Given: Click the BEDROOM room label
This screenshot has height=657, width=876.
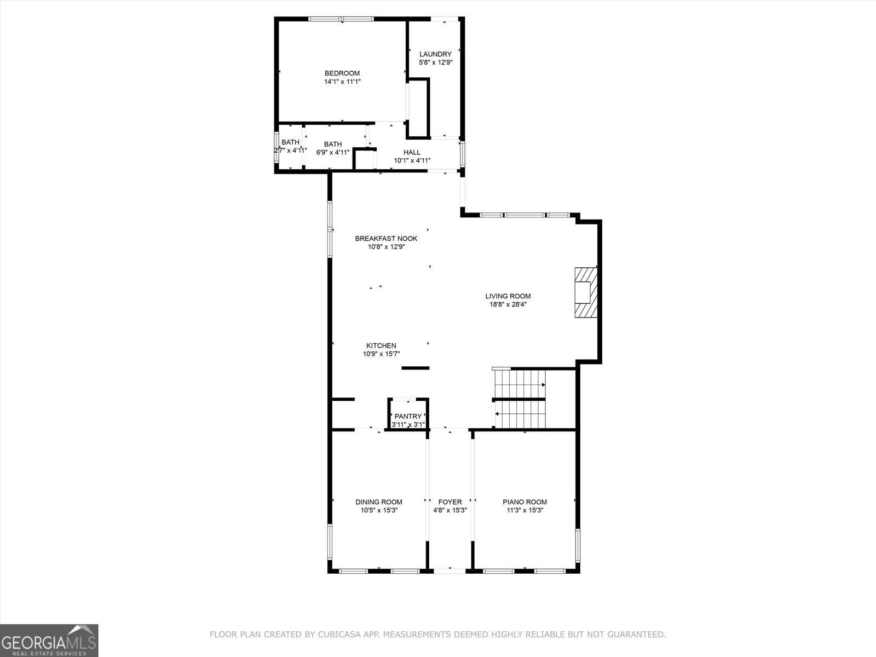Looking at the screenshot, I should [x=342, y=73].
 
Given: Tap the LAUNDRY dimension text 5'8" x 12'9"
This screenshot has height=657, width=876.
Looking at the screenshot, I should [x=435, y=62].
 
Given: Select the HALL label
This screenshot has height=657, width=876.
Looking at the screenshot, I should [x=412, y=152].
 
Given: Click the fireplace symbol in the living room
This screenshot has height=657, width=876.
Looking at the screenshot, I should [x=585, y=292].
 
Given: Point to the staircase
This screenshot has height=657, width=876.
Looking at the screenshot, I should [x=520, y=399].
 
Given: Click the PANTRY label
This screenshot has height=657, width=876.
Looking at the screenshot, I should [x=408, y=416].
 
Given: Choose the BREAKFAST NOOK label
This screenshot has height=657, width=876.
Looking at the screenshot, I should [x=386, y=238].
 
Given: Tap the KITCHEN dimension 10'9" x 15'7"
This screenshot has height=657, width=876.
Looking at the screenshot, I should [x=381, y=354].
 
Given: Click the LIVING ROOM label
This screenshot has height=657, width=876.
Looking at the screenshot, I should [x=508, y=296].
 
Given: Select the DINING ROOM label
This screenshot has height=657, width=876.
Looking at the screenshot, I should [x=379, y=502].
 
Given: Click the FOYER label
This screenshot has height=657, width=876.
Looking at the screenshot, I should [x=450, y=502].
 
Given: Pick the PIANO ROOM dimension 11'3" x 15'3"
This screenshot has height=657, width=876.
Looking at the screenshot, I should [x=525, y=510].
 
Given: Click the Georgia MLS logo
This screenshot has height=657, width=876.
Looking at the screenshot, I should [x=49, y=640].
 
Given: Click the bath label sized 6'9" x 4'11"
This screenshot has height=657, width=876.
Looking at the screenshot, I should [x=332, y=145].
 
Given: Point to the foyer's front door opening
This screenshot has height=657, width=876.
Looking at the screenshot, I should [x=449, y=570].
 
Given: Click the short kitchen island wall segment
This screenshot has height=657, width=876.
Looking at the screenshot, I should [x=416, y=368].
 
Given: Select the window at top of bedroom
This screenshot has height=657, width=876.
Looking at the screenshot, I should [x=342, y=19].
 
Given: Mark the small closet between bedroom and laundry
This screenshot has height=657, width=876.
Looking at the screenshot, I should [x=418, y=107].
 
